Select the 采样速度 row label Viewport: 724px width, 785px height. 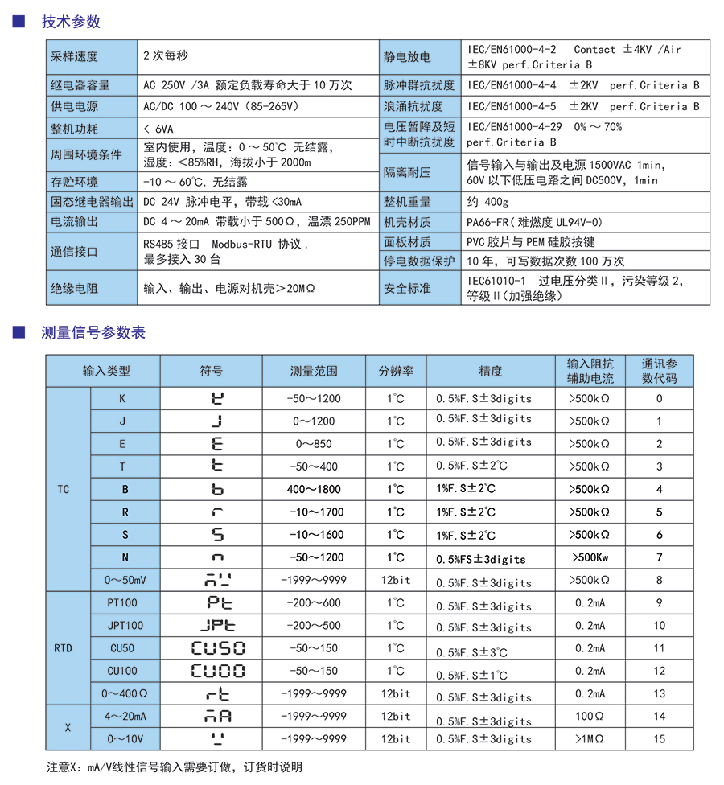[x=74, y=56]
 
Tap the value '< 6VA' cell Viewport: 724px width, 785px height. [x=157, y=128]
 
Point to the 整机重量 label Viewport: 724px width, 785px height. [x=407, y=201]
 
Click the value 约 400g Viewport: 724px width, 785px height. [x=487, y=201]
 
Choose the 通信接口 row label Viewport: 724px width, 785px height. [x=74, y=251]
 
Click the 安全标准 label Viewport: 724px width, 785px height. [x=407, y=287]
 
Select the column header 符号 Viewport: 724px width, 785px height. [x=212, y=371]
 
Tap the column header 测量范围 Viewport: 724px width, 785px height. [x=314, y=371]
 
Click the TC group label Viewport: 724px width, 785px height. [x=69, y=489]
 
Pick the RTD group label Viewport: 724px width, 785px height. [x=69, y=648]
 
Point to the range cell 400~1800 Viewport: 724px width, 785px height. [x=314, y=489]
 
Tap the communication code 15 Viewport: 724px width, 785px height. [x=660, y=738]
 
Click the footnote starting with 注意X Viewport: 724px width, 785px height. [x=174, y=767]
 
